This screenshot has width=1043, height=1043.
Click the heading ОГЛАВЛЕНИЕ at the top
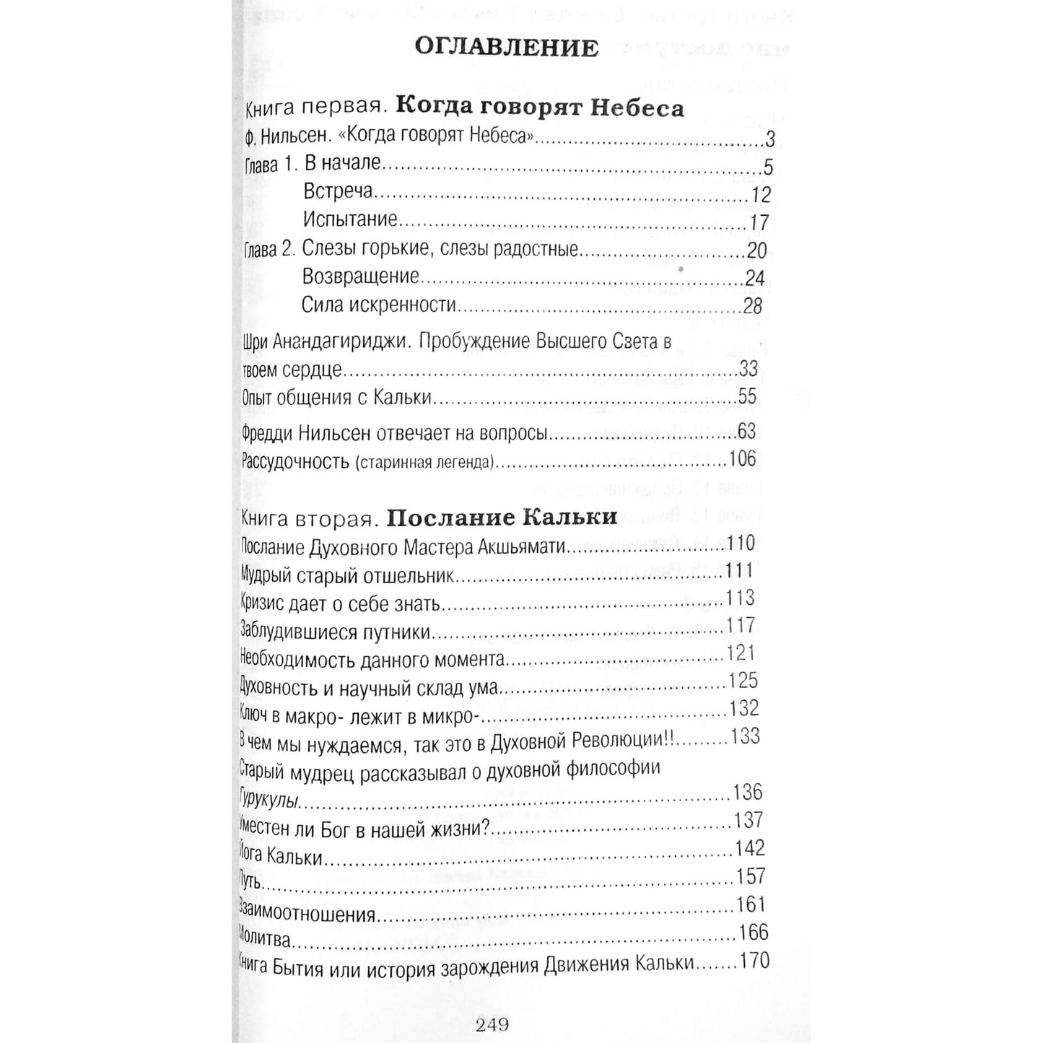coord(507,47)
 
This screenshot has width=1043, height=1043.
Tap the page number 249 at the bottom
coord(492,1024)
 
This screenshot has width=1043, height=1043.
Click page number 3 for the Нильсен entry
coord(769,139)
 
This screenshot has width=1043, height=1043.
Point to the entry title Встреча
coord(338,191)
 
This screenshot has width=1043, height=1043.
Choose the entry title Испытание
coord(350,219)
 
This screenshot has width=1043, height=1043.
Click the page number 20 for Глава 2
coord(756,250)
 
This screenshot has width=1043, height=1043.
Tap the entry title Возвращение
coord(360,276)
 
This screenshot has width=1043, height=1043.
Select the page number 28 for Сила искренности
coord(752,306)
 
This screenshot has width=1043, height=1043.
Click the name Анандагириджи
coord(332,342)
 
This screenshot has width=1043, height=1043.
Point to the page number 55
coord(747,396)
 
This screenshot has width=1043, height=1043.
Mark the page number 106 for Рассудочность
coord(743,459)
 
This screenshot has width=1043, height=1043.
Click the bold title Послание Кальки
coord(502,518)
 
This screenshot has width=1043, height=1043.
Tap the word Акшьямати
coord(520,548)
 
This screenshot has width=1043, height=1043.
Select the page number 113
coord(740,598)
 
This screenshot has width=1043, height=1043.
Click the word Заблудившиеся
coord(298,632)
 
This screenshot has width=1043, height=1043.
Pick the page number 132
coord(744,708)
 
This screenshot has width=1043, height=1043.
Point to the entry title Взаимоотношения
coord(307,915)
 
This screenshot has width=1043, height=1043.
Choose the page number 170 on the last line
coord(754,961)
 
